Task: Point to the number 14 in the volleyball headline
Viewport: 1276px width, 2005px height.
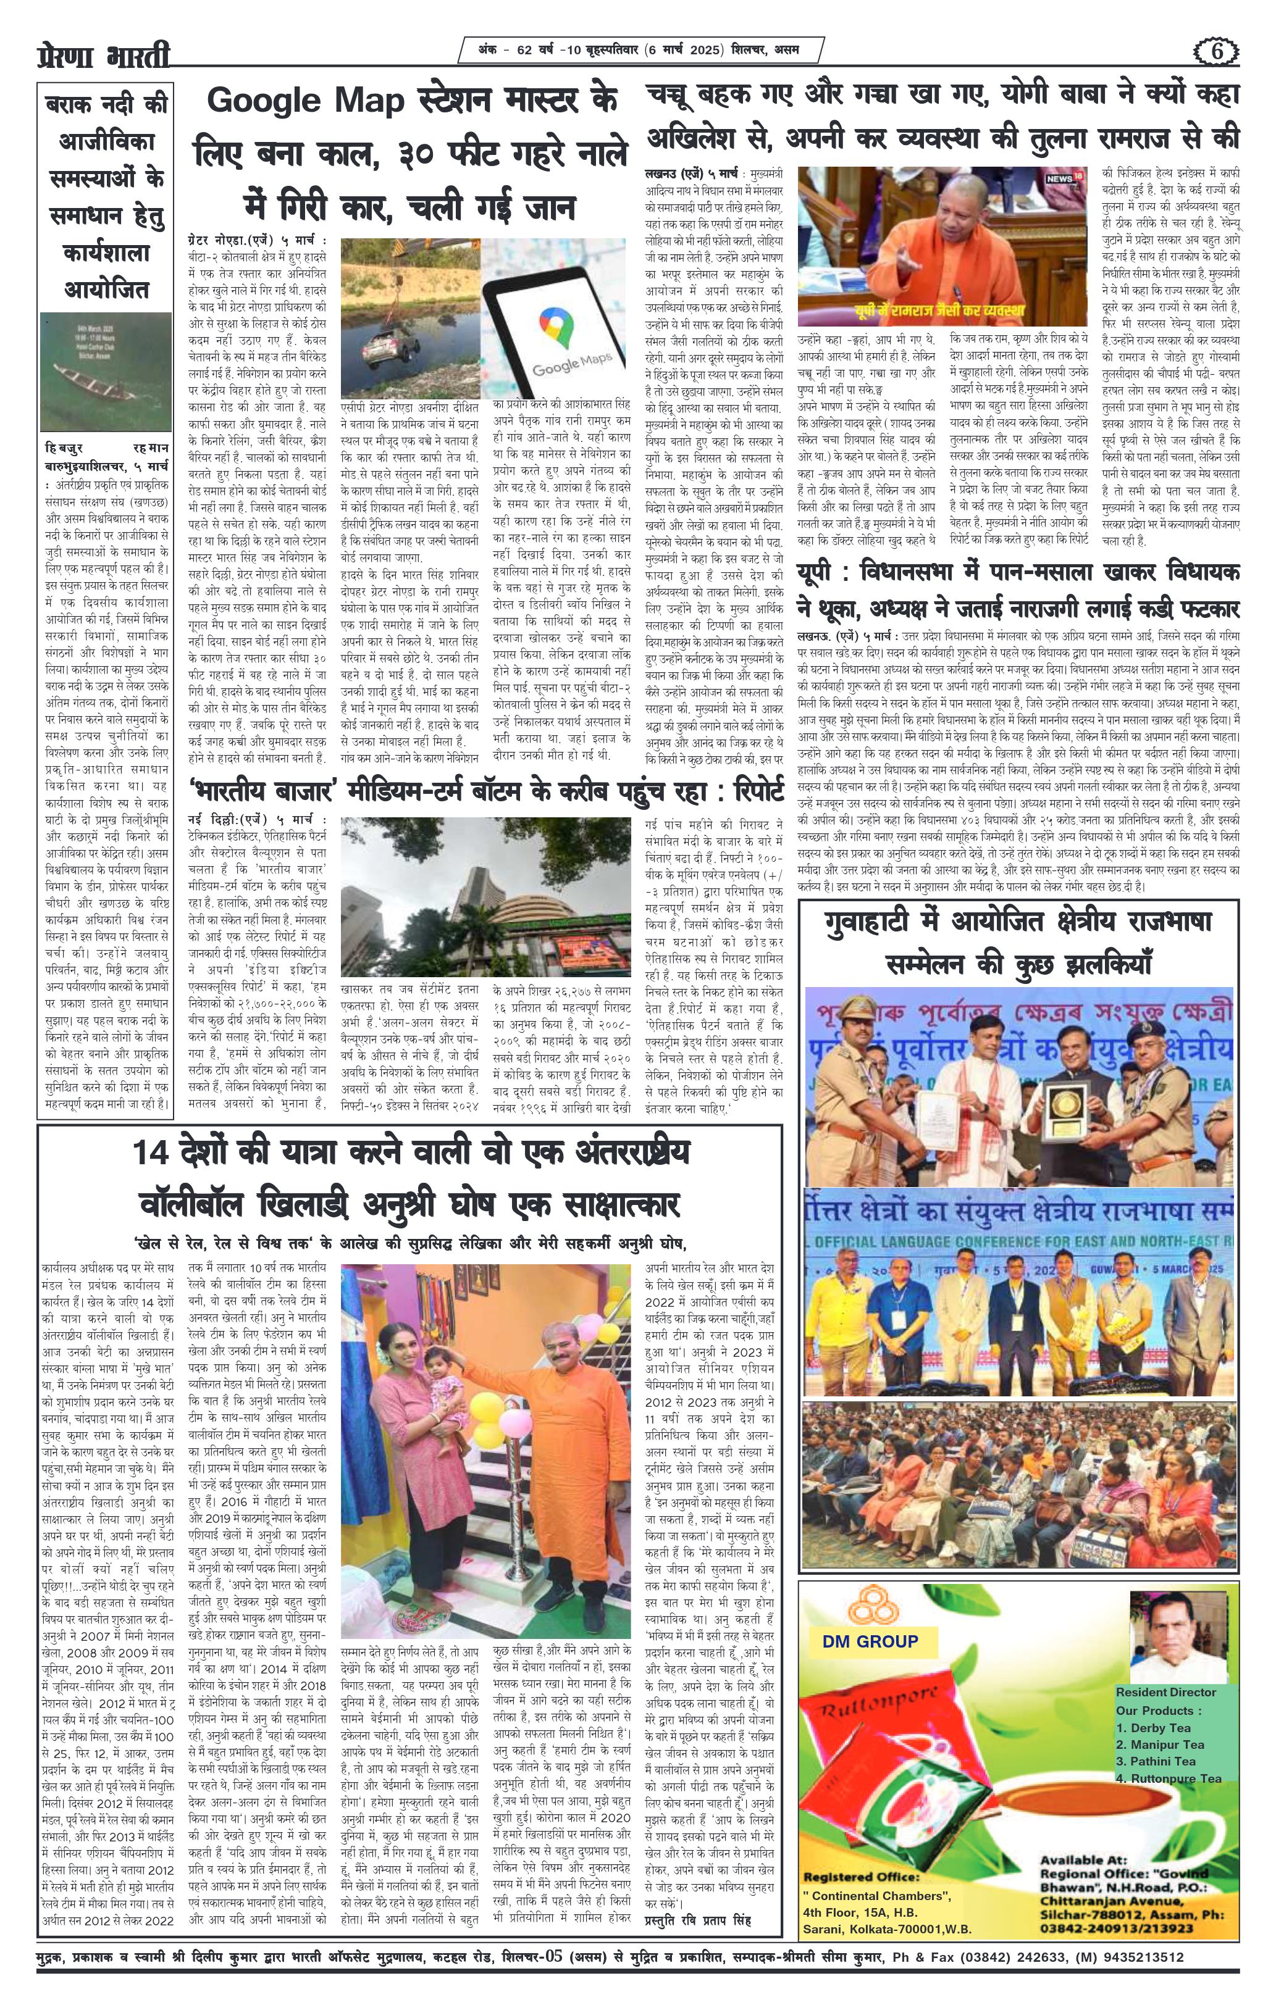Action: pos(153,1155)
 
